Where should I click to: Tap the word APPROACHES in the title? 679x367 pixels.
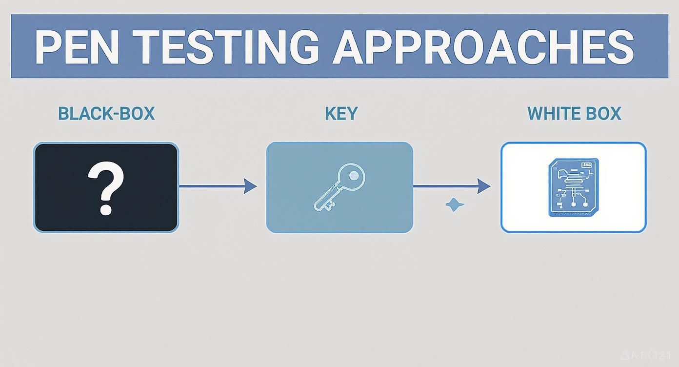(x=483, y=47)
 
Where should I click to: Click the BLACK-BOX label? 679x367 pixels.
(x=106, y=114)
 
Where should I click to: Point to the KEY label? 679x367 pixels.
(x=341, y=114)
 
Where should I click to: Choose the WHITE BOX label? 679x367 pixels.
(x=574, y=114)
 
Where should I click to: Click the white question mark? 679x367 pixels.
(x=105, y=183)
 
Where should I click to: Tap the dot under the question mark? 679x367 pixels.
(x=106, y=210)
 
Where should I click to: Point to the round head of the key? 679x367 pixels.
(x=354, y=175)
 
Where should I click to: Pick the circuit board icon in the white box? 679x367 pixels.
(x=574, y=187)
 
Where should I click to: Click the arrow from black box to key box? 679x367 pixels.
(x=215, y=186)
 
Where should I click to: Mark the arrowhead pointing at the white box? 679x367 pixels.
(x=484, y=186)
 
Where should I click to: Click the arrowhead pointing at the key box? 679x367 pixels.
(x=250, y=186)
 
